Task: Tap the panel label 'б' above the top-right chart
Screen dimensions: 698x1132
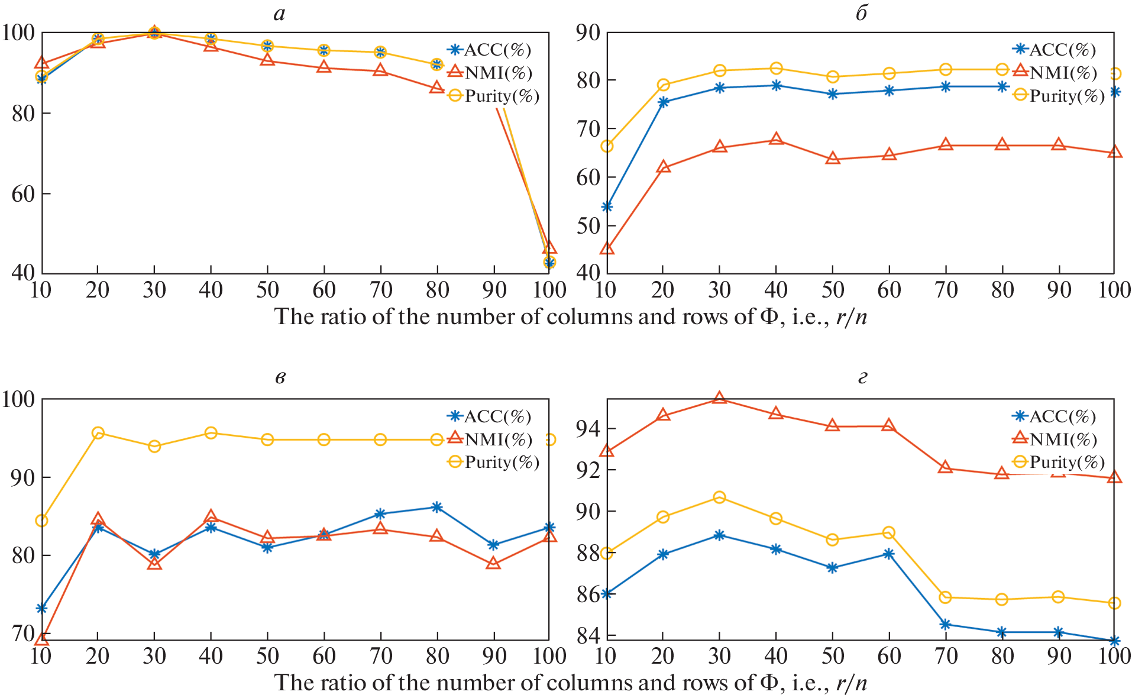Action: tap(862, 13)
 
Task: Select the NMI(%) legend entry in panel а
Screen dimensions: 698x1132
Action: tap(498, 73)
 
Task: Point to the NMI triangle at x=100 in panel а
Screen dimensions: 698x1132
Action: tap(549, 247)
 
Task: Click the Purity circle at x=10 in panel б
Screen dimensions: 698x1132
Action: tap(607, 146)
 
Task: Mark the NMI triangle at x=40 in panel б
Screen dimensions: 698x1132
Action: tap(777, 140)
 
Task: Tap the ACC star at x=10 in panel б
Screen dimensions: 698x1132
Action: tap(607, 207)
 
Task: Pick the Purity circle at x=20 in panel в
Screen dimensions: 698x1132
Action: tap(98, 433)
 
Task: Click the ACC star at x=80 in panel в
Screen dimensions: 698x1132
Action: tap(437, 507)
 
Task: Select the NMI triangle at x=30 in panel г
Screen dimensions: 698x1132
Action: tap(719, 398)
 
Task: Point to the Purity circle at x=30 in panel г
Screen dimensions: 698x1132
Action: tap(719, 497)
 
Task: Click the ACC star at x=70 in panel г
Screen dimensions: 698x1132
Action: tap(946, 625)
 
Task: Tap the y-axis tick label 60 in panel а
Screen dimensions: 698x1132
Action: tap(23, 194)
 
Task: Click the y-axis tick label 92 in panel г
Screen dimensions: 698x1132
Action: tap(587, 470)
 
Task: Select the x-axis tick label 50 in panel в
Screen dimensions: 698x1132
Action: tap(267, 656)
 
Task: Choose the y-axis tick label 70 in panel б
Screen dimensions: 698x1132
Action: tap(588, 128)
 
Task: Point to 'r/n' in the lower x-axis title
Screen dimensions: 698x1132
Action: tap(852, 683)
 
